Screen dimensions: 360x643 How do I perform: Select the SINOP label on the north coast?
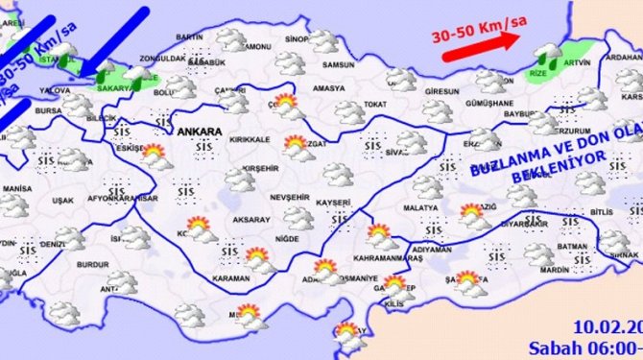298,40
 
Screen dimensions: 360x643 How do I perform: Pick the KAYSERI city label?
333,204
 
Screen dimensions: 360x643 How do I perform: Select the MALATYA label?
420,207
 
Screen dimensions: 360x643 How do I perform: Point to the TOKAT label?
375,104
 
